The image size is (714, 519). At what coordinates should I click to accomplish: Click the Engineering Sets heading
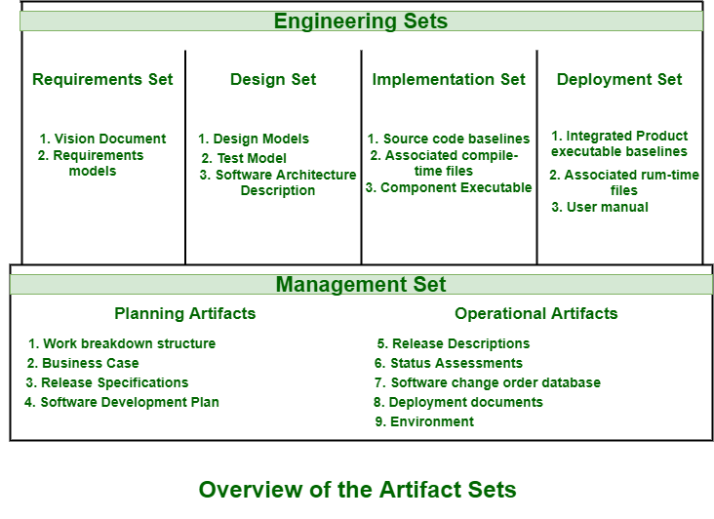tap(361, 20)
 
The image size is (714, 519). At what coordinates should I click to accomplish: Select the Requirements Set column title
tap(102, 79)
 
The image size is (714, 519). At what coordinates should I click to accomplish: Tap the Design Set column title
tap(273, 79)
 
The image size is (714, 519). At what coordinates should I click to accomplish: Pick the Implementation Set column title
tap(449, 79)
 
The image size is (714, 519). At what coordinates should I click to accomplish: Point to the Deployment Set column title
tap(619, 79)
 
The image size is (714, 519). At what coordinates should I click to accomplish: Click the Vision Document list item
tap(102, 139)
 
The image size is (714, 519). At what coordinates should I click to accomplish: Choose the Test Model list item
tap(244, 158)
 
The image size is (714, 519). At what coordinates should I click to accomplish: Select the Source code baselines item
tap(449, 139)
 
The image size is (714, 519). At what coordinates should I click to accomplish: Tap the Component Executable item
tap(449, 187)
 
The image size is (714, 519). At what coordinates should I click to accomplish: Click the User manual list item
tap(600, 207)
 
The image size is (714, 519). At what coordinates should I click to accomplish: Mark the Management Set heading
tap(361, 284)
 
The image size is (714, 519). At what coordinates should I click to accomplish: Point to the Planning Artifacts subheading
tap(185, 313)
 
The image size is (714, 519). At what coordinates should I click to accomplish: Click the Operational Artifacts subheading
tap(535, 313)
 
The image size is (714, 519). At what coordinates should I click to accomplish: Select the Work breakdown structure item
tap(122, 343)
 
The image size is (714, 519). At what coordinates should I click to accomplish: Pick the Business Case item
tap(82, 363)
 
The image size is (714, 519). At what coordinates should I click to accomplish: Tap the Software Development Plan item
tap(122, 402)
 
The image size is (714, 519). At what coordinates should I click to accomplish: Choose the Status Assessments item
tap(449, 363)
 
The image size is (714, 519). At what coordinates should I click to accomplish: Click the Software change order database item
tap(488, 382)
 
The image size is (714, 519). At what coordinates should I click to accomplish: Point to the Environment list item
tap(424, 421)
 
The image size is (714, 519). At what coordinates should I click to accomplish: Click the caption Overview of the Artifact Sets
tap(357, 490)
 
